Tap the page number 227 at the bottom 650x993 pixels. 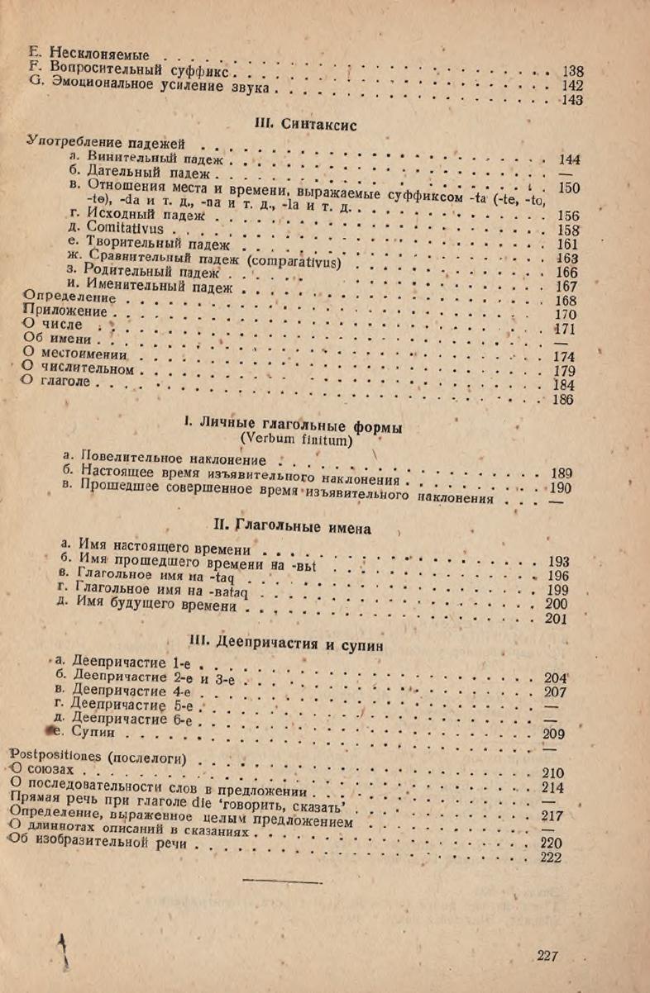[547, 956]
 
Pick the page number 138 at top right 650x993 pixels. [572, 72]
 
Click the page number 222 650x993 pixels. [551, 858]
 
